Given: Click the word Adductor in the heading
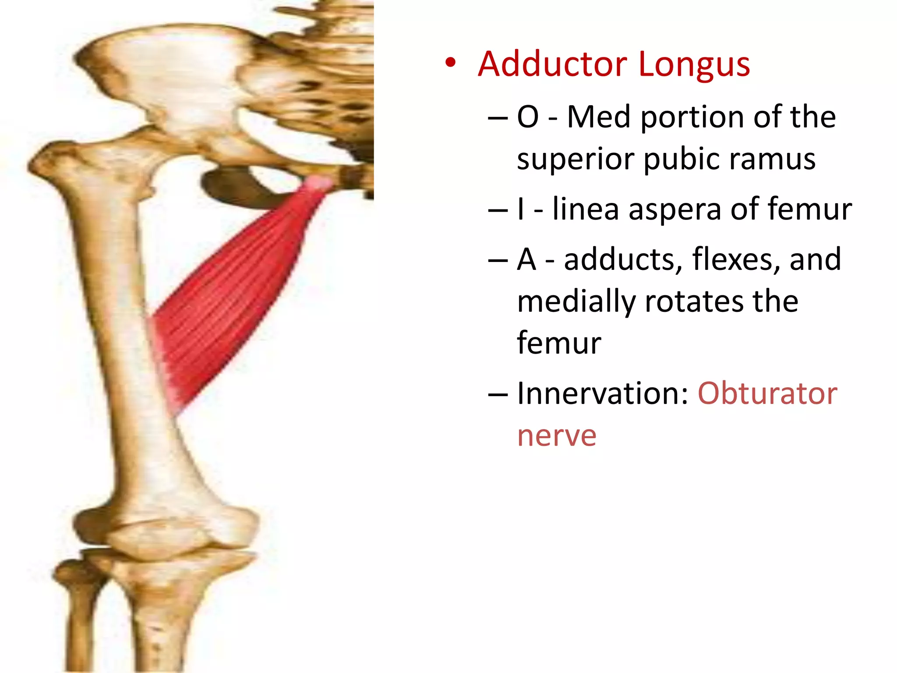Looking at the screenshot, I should point(553,65).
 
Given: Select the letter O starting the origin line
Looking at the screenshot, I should point(527,117).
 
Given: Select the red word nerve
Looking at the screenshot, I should point(557,436).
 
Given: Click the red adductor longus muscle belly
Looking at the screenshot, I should point(228,298).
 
